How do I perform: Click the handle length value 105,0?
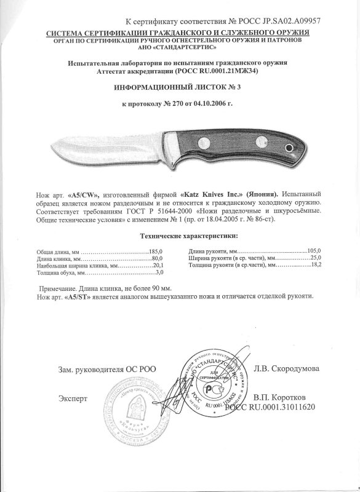(314, 251)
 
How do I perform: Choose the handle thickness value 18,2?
(316, 265)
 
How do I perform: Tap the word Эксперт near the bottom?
(73, 398)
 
